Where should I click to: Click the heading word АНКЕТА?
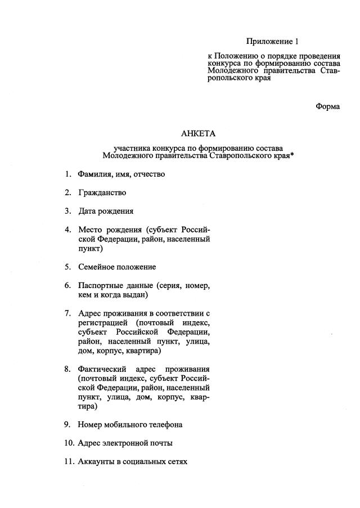[198, 133]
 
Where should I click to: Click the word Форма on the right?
[327, 106]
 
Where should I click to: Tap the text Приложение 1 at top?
[271, 42]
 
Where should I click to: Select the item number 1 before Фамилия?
[67, 174]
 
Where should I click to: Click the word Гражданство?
[102, 192]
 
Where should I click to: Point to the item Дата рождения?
[106, 211]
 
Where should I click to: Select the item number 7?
[67, 313]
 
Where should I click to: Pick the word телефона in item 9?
[166, 424]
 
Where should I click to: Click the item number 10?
[69, 443]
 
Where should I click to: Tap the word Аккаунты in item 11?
[97, 461]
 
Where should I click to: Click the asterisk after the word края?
[292, 154]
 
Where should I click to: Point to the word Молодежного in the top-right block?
[230, 71]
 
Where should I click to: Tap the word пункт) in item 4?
[91, 248]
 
